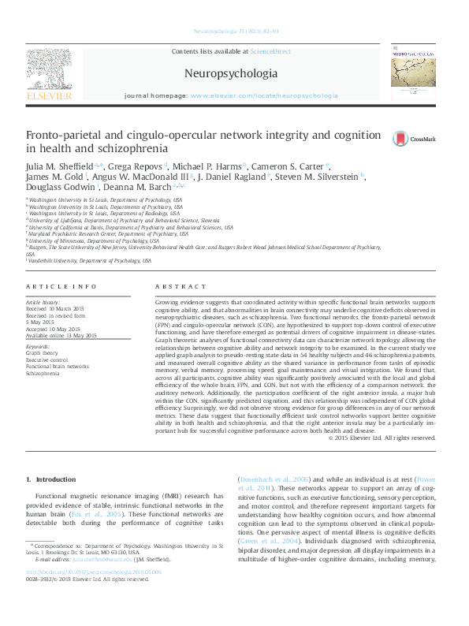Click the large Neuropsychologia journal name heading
click(231, 73)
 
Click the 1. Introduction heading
click(51, 479)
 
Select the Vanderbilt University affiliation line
click(88, 260)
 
